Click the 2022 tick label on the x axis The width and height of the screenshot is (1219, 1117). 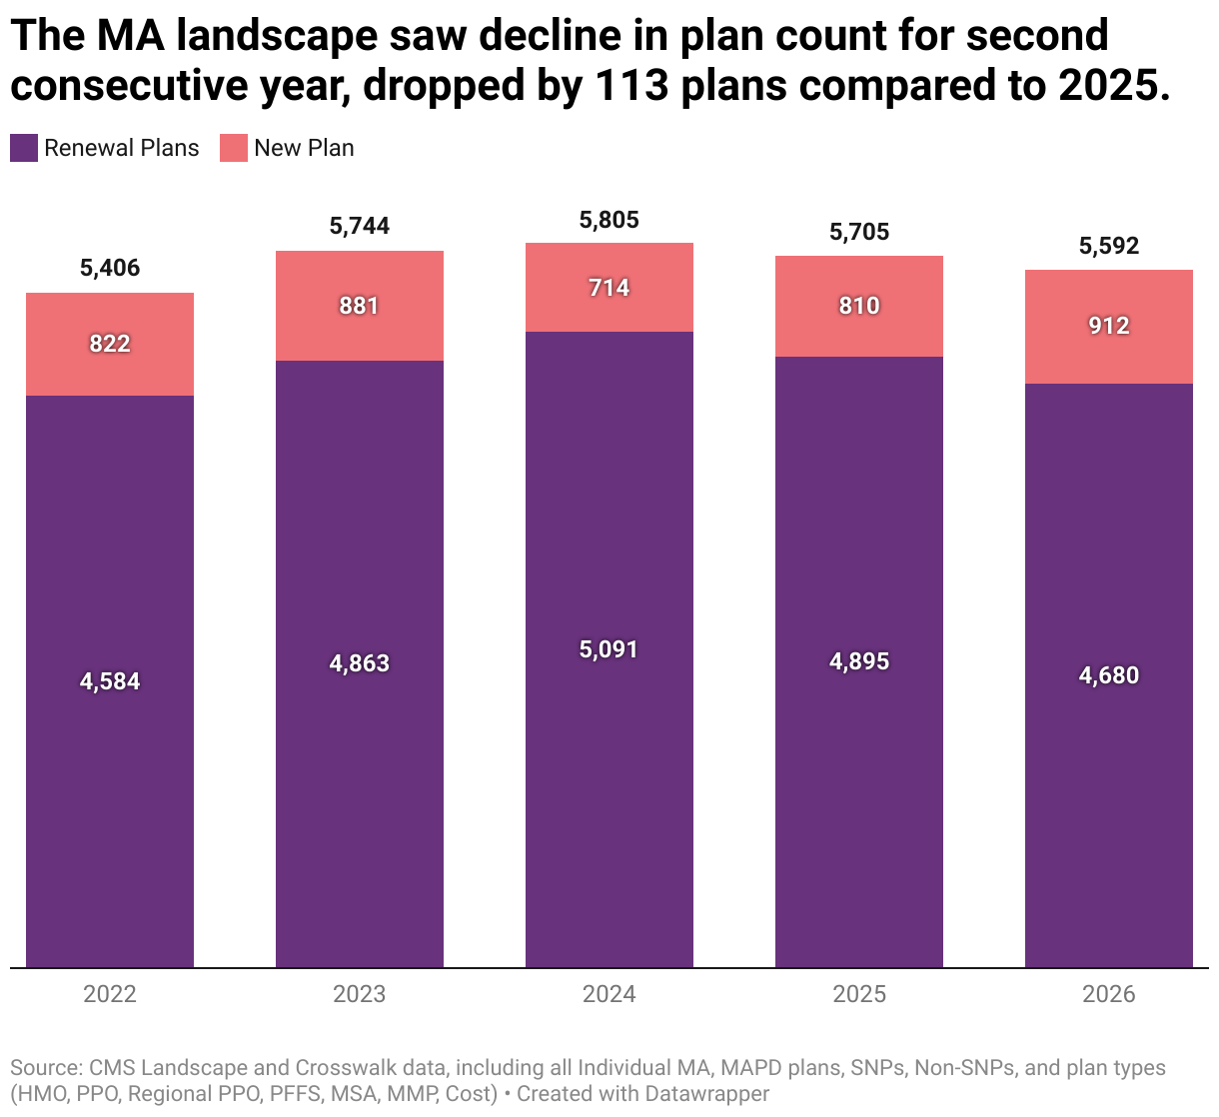(x=110, y=994)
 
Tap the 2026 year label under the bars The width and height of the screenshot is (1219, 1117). (x=1109, y=994)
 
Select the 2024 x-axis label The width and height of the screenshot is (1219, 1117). (x=609, y=994)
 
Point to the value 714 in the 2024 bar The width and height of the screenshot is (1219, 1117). (x=609, y=288)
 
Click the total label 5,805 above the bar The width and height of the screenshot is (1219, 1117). (x=609, y=220)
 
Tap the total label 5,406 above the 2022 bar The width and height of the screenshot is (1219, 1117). (x=110, y=268)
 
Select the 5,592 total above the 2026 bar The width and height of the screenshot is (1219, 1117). (x=1109, y=246)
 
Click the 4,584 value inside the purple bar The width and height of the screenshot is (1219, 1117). (x=110, y=681)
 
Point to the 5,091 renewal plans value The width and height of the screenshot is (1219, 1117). (x=609, y=649)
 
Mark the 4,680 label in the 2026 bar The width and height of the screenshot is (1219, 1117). (x=1109, y=675)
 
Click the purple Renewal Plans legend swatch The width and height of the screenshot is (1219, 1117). (x=24, y=148)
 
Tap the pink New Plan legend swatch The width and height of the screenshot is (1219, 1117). (x=234, y=148)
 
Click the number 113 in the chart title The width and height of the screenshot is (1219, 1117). (x=631, y=86)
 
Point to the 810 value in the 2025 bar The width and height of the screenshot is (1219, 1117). (x=859, y=306)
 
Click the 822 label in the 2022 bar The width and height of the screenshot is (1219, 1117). (x=110, y=344)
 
